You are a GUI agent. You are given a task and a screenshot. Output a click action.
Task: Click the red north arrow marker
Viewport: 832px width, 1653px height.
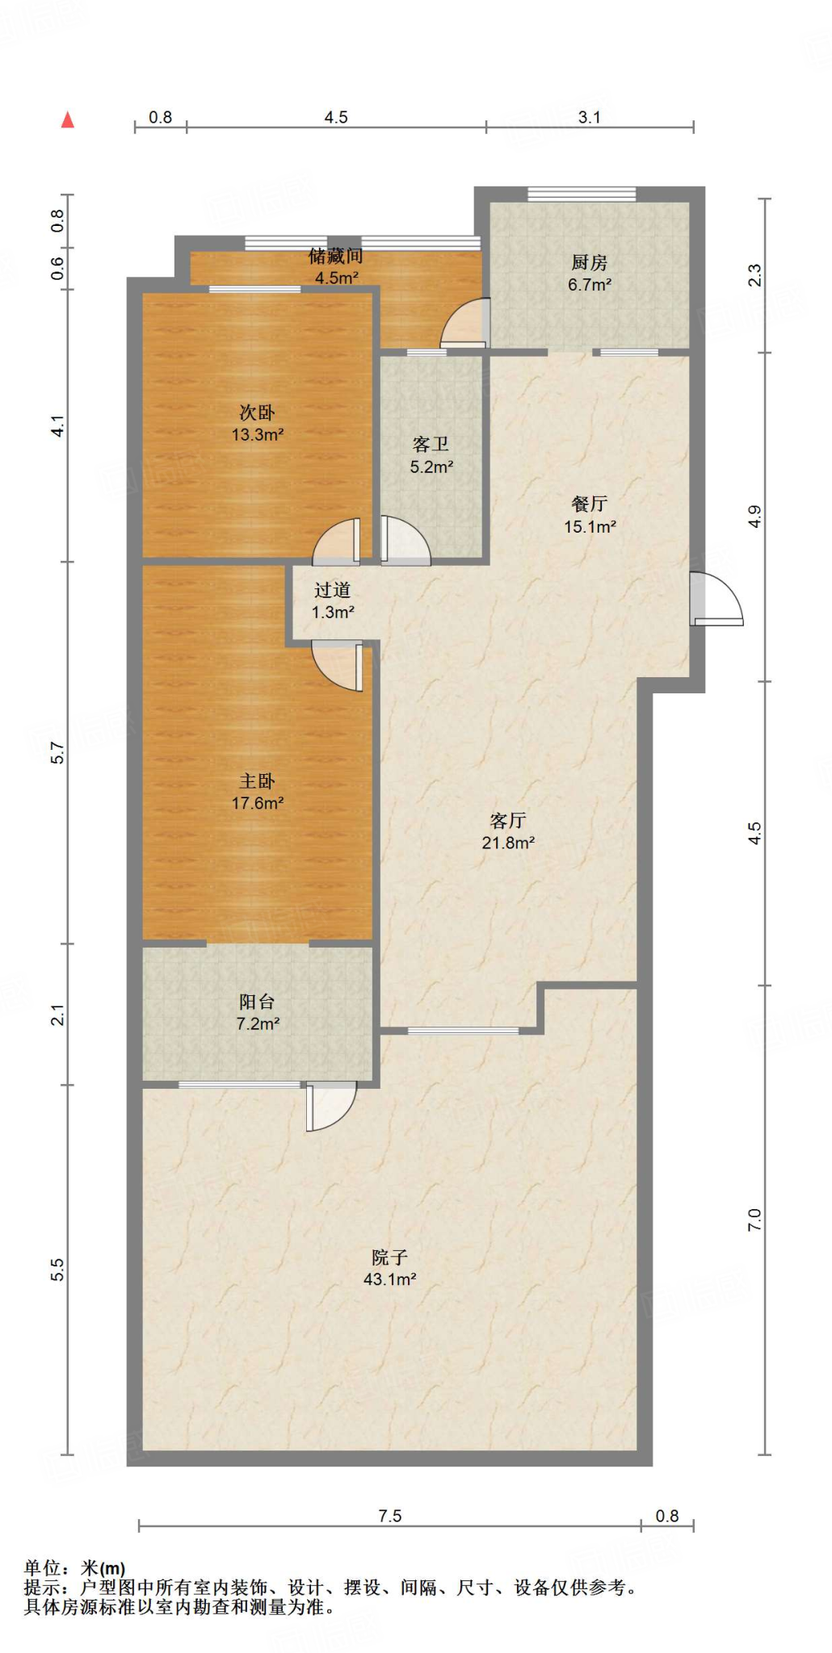pos(68,119)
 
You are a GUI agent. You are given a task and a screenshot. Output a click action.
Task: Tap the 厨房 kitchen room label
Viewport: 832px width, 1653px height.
pos(589,262)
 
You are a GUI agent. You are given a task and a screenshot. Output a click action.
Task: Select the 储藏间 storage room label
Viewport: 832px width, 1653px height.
pos(335,256)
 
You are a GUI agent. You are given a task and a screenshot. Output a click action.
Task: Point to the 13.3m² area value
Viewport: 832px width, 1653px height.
pos(258,435)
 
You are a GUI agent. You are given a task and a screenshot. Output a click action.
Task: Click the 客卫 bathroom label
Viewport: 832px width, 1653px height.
pos(431,444)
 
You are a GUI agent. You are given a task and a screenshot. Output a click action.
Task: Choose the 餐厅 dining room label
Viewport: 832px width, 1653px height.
pos(589,504)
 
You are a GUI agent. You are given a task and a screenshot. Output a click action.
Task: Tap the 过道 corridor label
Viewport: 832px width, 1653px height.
pos(333,590)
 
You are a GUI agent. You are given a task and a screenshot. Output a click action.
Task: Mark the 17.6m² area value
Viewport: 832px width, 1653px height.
pos(258,803)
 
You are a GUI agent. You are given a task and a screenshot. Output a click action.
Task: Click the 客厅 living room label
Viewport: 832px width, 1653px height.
pos(508,821)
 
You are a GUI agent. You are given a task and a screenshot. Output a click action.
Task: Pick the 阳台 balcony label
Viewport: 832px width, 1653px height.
pos(258,1002)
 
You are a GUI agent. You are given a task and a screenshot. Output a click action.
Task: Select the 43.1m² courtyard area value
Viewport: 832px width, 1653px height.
pos(389,1279)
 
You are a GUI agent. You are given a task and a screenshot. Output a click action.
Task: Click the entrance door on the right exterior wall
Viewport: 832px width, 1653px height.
pos(716,598)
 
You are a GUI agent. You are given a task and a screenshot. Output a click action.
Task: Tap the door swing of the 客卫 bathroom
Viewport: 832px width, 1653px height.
pos(405,539)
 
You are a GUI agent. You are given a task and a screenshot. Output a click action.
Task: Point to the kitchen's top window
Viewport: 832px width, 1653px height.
pos(582,194)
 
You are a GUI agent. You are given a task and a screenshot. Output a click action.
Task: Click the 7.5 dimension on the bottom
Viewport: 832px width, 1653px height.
pos(390,1516)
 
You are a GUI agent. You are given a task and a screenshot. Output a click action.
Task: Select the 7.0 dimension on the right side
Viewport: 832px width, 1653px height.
pos(754,1220)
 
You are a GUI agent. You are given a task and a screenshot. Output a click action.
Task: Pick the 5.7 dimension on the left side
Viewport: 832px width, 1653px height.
pos(57,752)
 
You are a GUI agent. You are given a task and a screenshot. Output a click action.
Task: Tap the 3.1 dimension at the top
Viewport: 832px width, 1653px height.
pos(590,117)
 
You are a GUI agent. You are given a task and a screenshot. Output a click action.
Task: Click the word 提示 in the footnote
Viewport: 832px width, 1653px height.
pos(43,1588)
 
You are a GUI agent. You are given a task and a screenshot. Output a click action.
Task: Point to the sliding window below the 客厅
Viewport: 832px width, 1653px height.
pos(464,1031)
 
